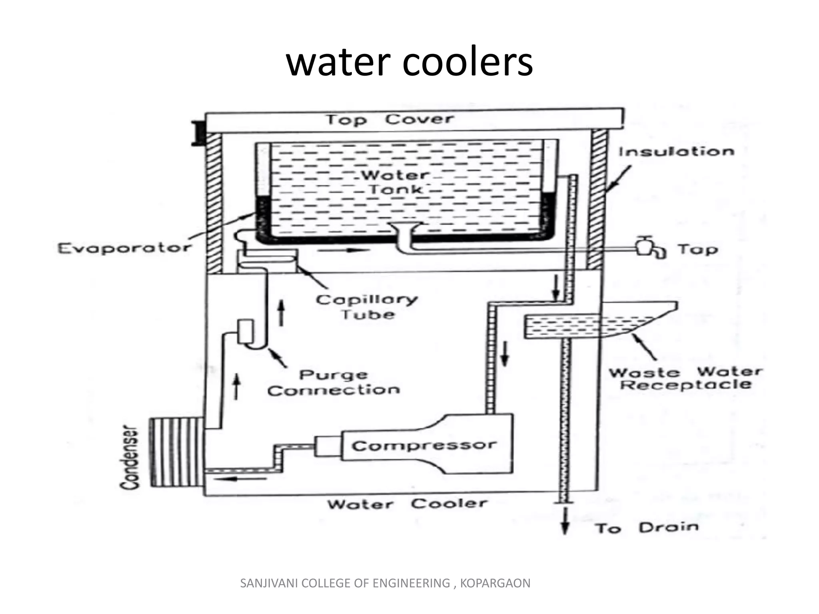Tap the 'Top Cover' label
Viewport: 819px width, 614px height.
point(390,119)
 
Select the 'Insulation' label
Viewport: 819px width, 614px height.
point(677,152)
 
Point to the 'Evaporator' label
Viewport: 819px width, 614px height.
point(124,248)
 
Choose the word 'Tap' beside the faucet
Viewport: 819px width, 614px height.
point(698,249)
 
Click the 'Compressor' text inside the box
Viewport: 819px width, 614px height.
point(424,445)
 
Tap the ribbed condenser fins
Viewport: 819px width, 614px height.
point(176,452)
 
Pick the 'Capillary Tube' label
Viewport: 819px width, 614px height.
point(367,307)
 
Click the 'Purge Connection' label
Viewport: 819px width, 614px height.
point(334,383)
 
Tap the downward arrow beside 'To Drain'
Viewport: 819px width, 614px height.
point(565,520)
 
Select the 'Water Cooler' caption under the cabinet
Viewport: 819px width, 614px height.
point(408,504)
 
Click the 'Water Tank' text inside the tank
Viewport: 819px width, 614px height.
point(395,182)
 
